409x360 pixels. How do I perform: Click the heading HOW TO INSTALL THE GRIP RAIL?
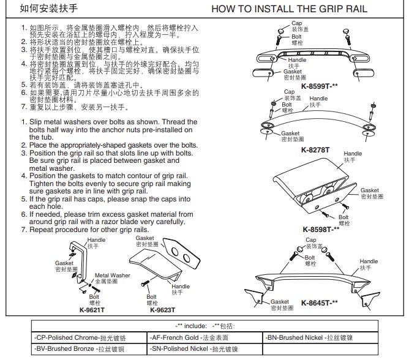click(288, 9)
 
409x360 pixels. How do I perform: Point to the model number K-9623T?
click(162, 309)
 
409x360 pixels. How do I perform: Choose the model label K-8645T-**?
click(319, 303)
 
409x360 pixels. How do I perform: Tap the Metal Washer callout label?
click(111, 276)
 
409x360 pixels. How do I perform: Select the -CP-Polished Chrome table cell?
click(88, 337)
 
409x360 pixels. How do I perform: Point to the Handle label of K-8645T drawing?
click(369, 261)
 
